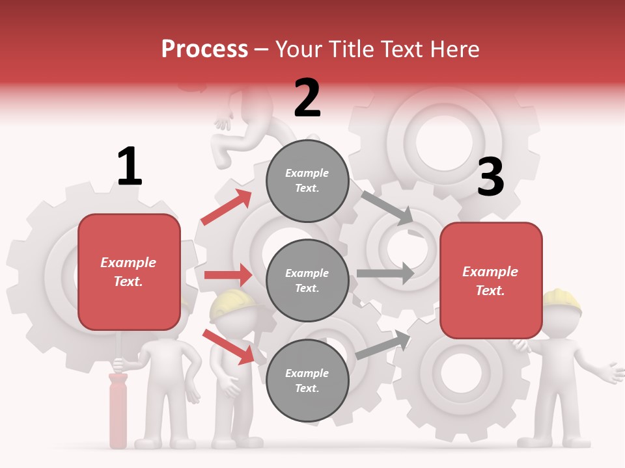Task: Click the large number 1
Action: click(130, 166)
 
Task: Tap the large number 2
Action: click(307, 98)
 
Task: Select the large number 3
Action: click(490, 177)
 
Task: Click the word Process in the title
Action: click(204, 49)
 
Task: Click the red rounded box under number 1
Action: click(129, 272)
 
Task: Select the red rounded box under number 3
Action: click(491, 280)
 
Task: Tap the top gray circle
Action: click(307, 181)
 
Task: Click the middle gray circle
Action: click(307, 280)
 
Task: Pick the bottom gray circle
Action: click(307, 380)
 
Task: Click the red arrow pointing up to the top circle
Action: click(227, 207)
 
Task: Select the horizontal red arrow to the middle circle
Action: click(228, 275)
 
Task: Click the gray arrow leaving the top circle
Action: click(387, 208)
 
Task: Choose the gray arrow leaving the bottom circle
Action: click(383, 345)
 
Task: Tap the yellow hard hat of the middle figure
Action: click(232, 304)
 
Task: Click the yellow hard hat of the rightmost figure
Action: click(562, 300)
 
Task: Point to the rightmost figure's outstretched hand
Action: click(612, 374)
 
